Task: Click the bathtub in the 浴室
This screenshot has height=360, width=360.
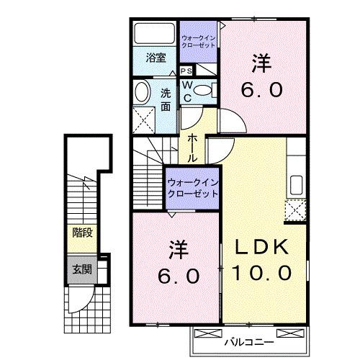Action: [x=153, y=35]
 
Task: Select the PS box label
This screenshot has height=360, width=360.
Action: [x=186, y=71]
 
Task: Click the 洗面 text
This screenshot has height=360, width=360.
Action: [x=166, y=99]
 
